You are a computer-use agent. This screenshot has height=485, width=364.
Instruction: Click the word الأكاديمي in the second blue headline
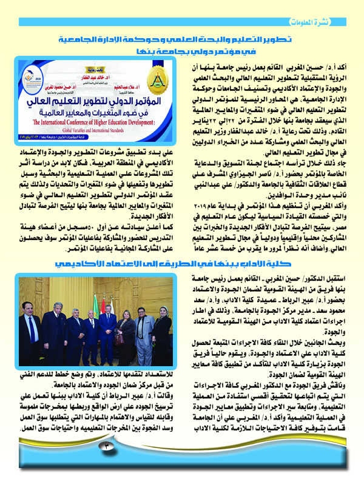76,265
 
